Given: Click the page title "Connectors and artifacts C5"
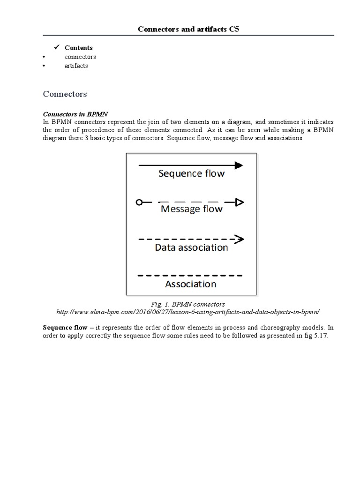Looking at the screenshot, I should pos(188,30).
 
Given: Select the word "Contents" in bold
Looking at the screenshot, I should pos(79,48).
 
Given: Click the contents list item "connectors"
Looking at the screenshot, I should pos(80,57).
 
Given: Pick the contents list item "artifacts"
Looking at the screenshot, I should pos(76,66).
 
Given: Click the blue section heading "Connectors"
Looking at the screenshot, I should pos(65,94).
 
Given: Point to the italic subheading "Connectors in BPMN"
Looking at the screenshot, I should pos(75,114).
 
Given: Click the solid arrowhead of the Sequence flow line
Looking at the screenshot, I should pos(239,165).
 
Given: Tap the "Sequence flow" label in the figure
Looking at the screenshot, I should pos(191,174).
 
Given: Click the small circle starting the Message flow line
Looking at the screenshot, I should pos(139,202).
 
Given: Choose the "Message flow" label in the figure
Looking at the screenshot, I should pos(191,209).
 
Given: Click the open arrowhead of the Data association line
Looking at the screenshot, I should pos(240,239).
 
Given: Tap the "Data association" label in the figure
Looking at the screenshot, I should pos(191,247).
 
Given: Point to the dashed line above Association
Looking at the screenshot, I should pos(190,275).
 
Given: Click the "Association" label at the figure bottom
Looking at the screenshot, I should pos(191,284).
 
